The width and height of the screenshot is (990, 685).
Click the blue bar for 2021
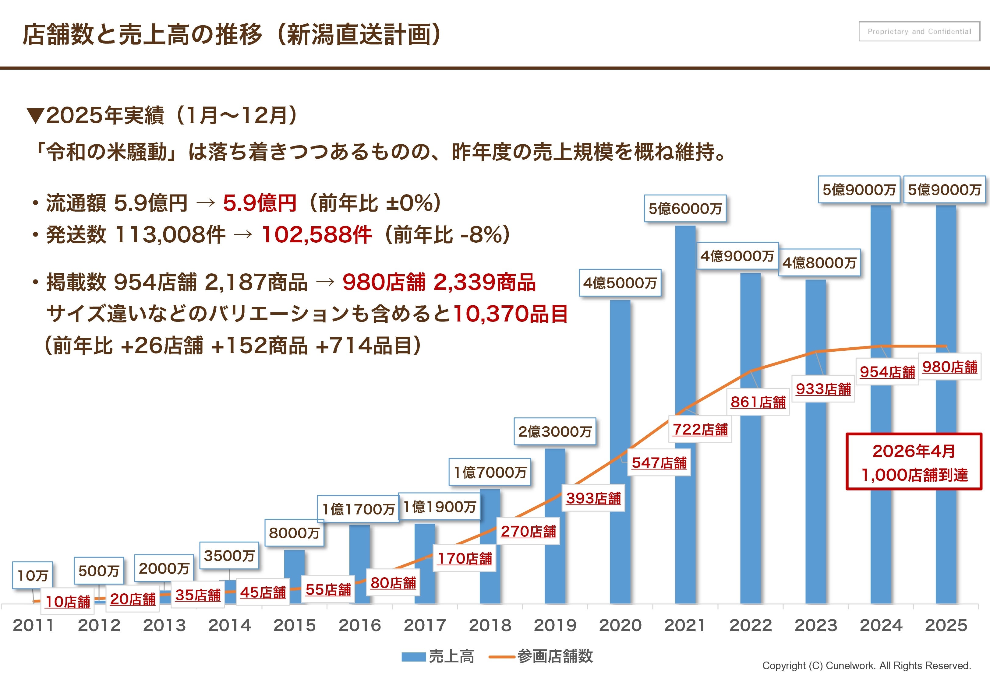click(x=685, y=326)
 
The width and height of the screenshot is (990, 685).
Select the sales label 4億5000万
click(x=620, y=283)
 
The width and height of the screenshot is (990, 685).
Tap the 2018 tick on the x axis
click(x=490, y=625)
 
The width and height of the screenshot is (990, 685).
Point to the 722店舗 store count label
click(x=700, y=429)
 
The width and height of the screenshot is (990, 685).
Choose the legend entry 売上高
click(x=438, y=657)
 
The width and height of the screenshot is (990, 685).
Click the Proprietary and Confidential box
click(x=919, y=31)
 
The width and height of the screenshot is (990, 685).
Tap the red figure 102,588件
click(x=316, y=235)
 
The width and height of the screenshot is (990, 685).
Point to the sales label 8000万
click(x=294, y=533)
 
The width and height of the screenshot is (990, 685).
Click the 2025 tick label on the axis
click(x=946, y=625)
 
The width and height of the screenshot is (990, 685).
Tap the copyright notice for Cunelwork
click(x=866, y=666)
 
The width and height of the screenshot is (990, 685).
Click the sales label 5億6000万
click(x=685, y=209)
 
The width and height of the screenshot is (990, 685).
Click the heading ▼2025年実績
click(x=163, y=115)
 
